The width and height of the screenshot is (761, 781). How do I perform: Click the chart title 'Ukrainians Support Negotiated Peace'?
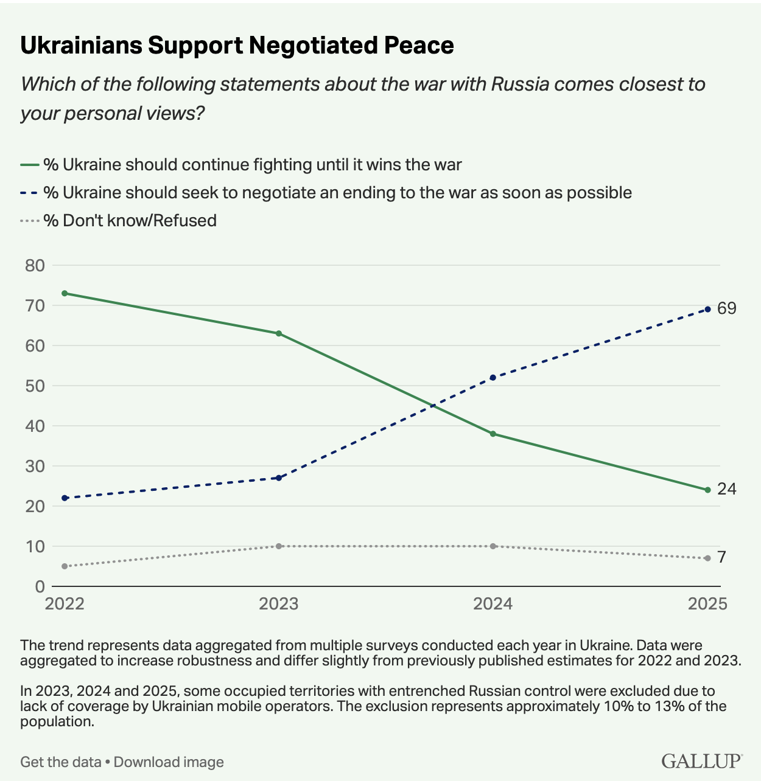click(237, 46)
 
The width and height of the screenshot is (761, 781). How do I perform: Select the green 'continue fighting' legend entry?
click(241, 164)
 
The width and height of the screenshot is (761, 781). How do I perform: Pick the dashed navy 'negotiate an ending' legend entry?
click(326, 192)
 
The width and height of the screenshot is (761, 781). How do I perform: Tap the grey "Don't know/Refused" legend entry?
click(119, 220)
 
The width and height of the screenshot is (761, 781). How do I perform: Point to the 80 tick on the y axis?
click(35, 265)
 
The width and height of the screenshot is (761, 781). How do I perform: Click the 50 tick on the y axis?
click(35, 386)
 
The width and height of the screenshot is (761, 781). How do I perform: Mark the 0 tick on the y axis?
click(40, 586)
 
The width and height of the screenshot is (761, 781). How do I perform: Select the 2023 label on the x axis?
click(279, 603)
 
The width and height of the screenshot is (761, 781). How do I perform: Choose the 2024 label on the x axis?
click(493, 603)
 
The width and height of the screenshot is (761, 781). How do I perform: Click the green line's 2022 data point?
click(65, 293)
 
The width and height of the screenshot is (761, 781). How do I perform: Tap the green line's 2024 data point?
click(493, 434)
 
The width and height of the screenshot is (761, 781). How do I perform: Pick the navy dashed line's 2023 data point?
click(279, 478)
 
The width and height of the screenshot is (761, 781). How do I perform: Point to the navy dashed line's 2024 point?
click(493, 378)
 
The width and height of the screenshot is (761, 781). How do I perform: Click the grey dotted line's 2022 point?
click(65, 566)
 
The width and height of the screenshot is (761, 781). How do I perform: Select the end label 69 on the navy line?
click(726, 308)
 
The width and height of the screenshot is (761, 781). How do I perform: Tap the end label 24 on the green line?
click(726, 489)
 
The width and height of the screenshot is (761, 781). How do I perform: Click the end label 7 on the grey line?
click(721, 557)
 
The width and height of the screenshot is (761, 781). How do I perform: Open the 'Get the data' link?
click(60, 762)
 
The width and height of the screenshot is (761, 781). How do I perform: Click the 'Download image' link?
click(169, 762)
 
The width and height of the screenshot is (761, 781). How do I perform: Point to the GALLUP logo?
click(701, 761)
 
